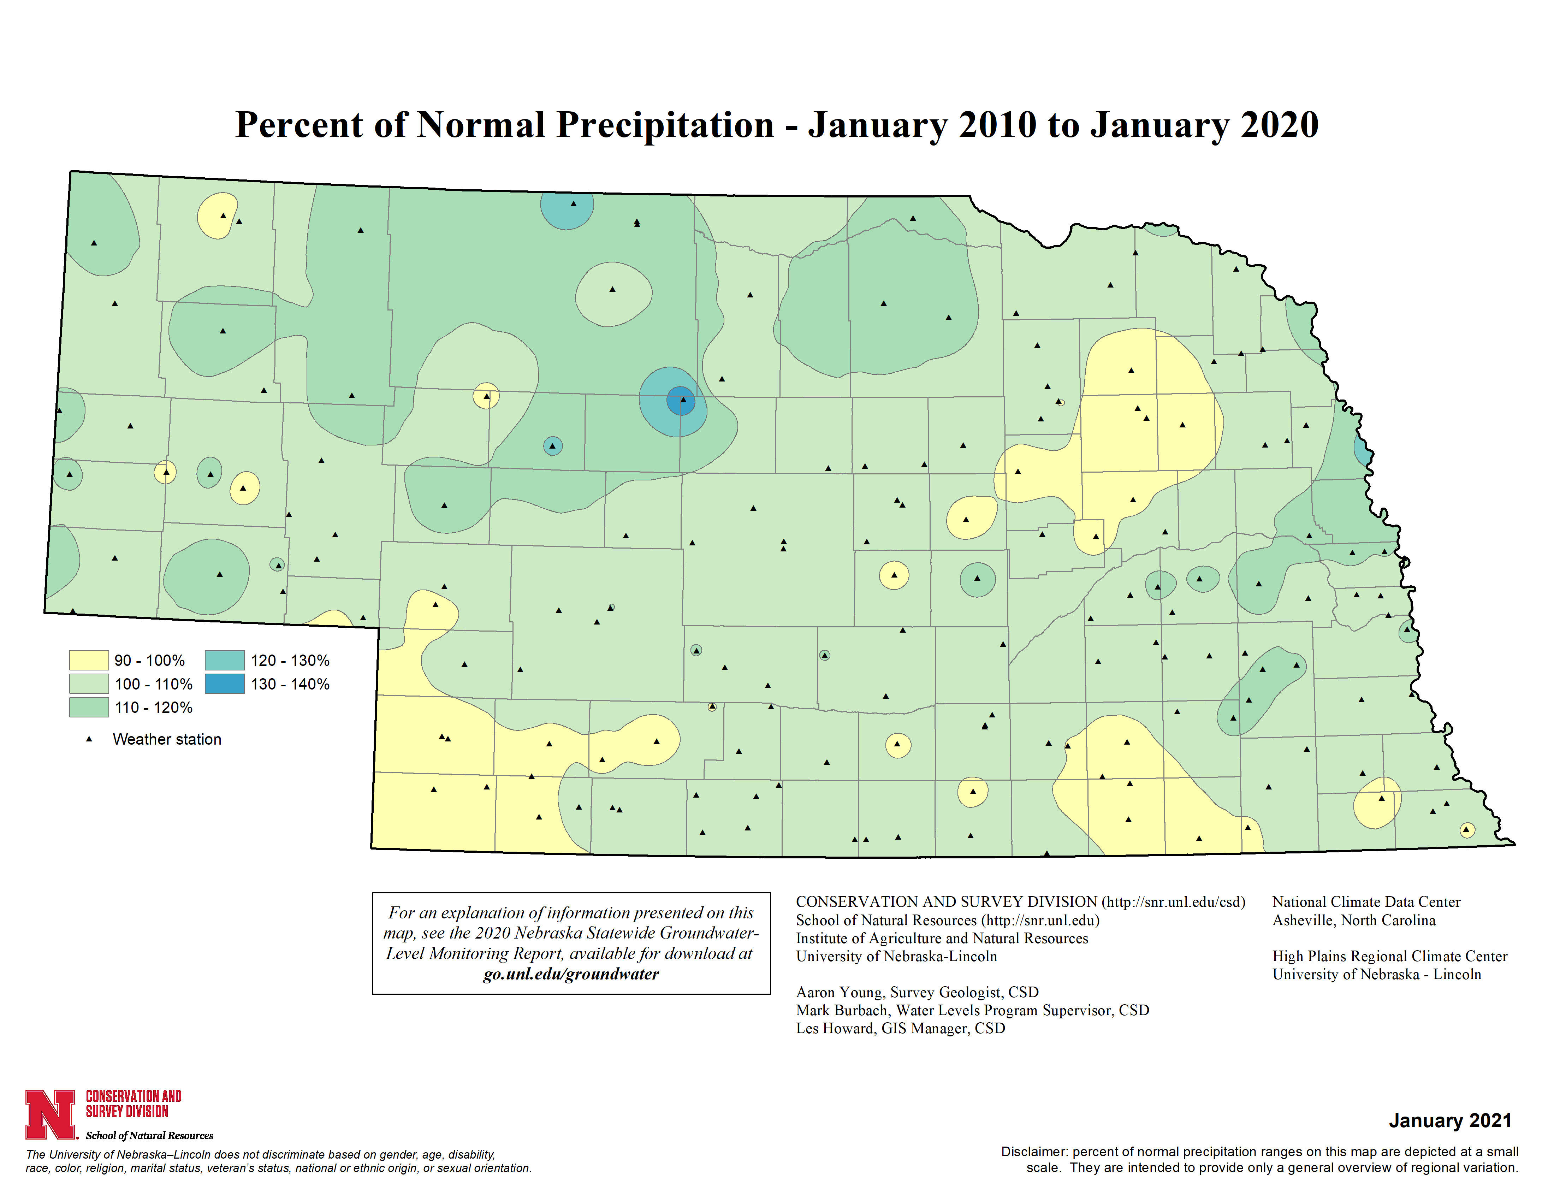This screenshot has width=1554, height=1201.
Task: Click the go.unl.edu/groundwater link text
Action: click(571, 974)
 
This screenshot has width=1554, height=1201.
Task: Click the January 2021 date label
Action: click(1449, 1120)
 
